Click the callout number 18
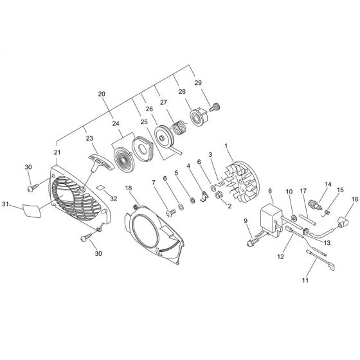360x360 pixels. point(129,188)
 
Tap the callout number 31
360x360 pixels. point(5,204)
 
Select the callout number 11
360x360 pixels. point(305,280)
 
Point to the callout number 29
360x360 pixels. point(198,83)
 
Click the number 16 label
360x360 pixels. point(355,199)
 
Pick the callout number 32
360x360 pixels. point(114,199)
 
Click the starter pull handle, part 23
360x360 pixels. point(101,163)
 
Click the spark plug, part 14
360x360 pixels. point(315,204)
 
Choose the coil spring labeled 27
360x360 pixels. point(179,127)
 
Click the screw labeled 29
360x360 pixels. point(215,107)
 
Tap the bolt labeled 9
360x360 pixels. point(253,241)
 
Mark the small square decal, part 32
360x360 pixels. point(100,187)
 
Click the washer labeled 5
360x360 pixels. point(191,200)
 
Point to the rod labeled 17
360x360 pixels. point(308,220)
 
